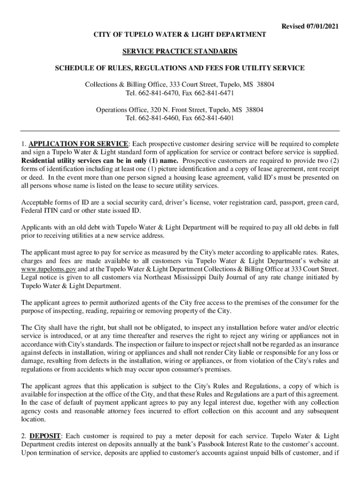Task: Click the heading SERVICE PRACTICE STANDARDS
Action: coord(180,51)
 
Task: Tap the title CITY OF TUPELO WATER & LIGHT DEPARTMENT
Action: coord(180,35)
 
